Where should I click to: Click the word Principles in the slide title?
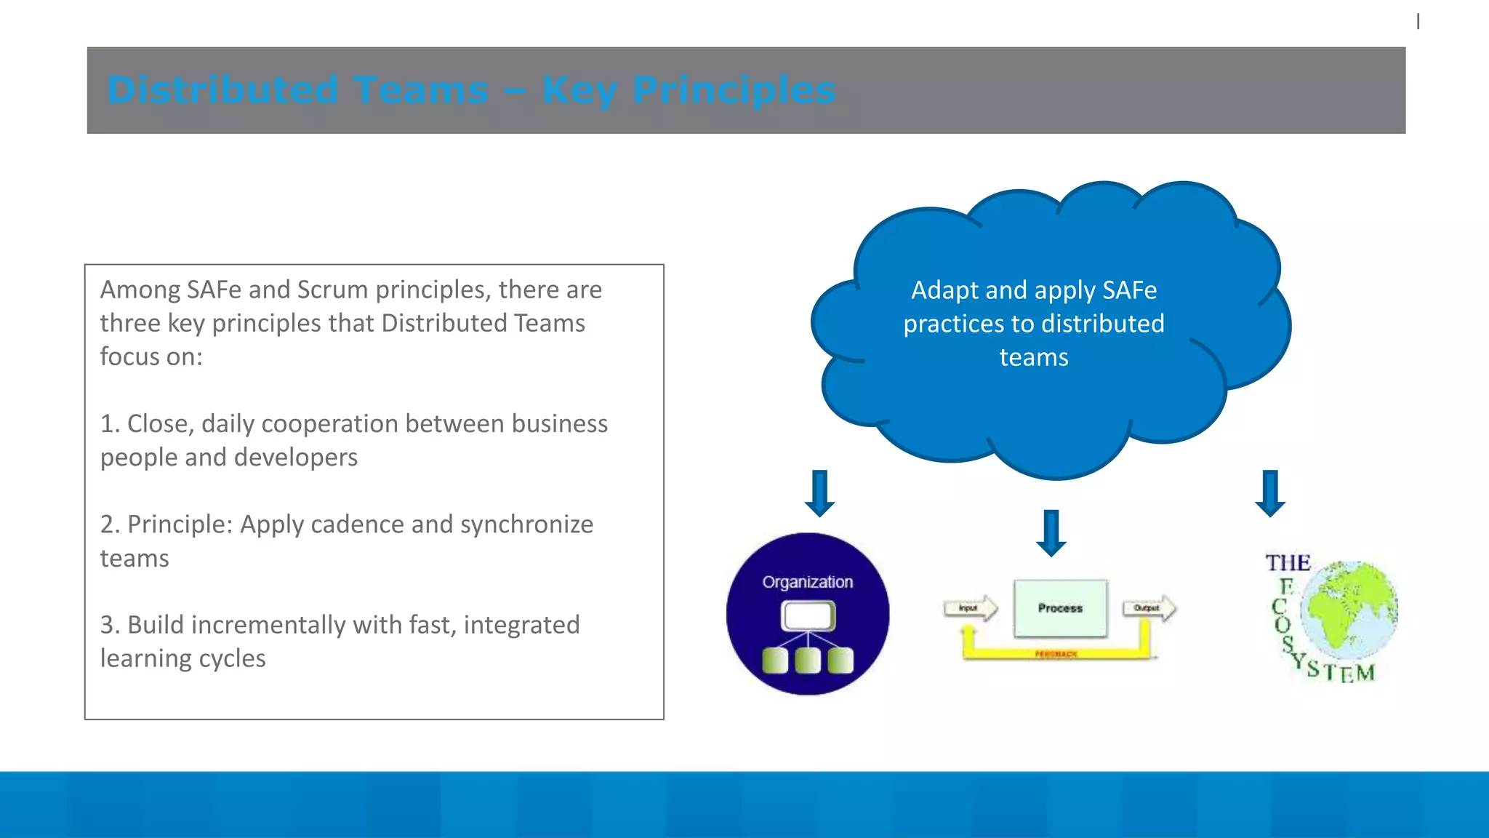coord(734,91)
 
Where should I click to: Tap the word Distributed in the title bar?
coord(222,91)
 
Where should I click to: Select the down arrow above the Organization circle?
coord(819,493)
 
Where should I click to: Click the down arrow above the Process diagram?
coord(1051,532)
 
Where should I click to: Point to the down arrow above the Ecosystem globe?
coord(1270,493)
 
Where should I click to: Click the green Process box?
coord(1060,608)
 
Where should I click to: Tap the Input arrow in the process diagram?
coord(970,608)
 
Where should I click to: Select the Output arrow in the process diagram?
coord(1149,608)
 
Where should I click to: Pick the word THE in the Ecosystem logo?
coord(1288,563)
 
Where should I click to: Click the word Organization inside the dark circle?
coord(807,582)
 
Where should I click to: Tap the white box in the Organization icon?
coord(808,617)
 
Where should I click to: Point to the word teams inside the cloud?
coord(1033,357)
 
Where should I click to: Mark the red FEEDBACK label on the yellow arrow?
coord(1056,654)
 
